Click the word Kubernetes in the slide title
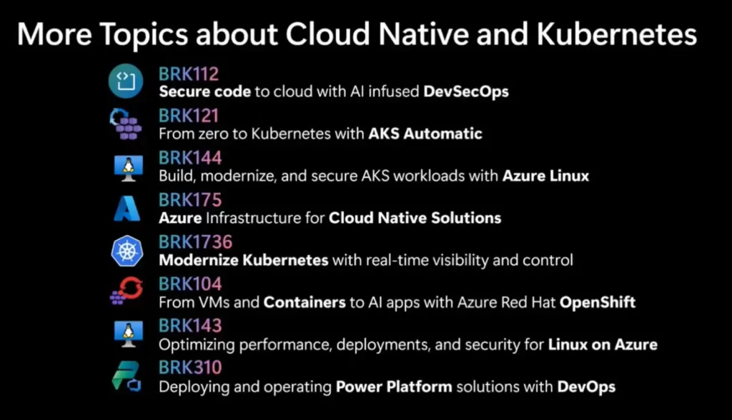pyautogui.click(x=617, y=34)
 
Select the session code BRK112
pyautogui.click(x=189, y=74)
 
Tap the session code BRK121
pyautogui.click(x=189, y=116)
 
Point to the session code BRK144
pyautogui.click(x=190, y=158)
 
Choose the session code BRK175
pyautogui.click(x=190, y=200)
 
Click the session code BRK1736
pyautogui.click(x=195, y=241)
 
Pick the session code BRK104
pyautogui.click(x=190, y=284)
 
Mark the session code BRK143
pyautogui.click(x=190, y=325)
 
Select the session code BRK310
pyautogui.click(x=190, y=367)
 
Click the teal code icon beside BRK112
pyautogui.click(x=126, y=81)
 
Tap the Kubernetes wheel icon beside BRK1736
pyautogui.click(x=127, y=251)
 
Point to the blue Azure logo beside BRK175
pyautogui.click(x=127, y=209)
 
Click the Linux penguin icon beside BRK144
pyautogui.click(x=129, y=168)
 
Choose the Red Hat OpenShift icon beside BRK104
pyautogui.click(x=127, y=291)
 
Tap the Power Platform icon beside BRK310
pyautogui.click(x=127, y=376)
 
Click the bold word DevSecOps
pyautogui.click(x=466, y=91)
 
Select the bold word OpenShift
pyautogui.click(x=598, y=302)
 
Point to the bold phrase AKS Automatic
pyautogui.click(x=425, y=134)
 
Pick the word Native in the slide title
pyautogui.click(x=423, y=34)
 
